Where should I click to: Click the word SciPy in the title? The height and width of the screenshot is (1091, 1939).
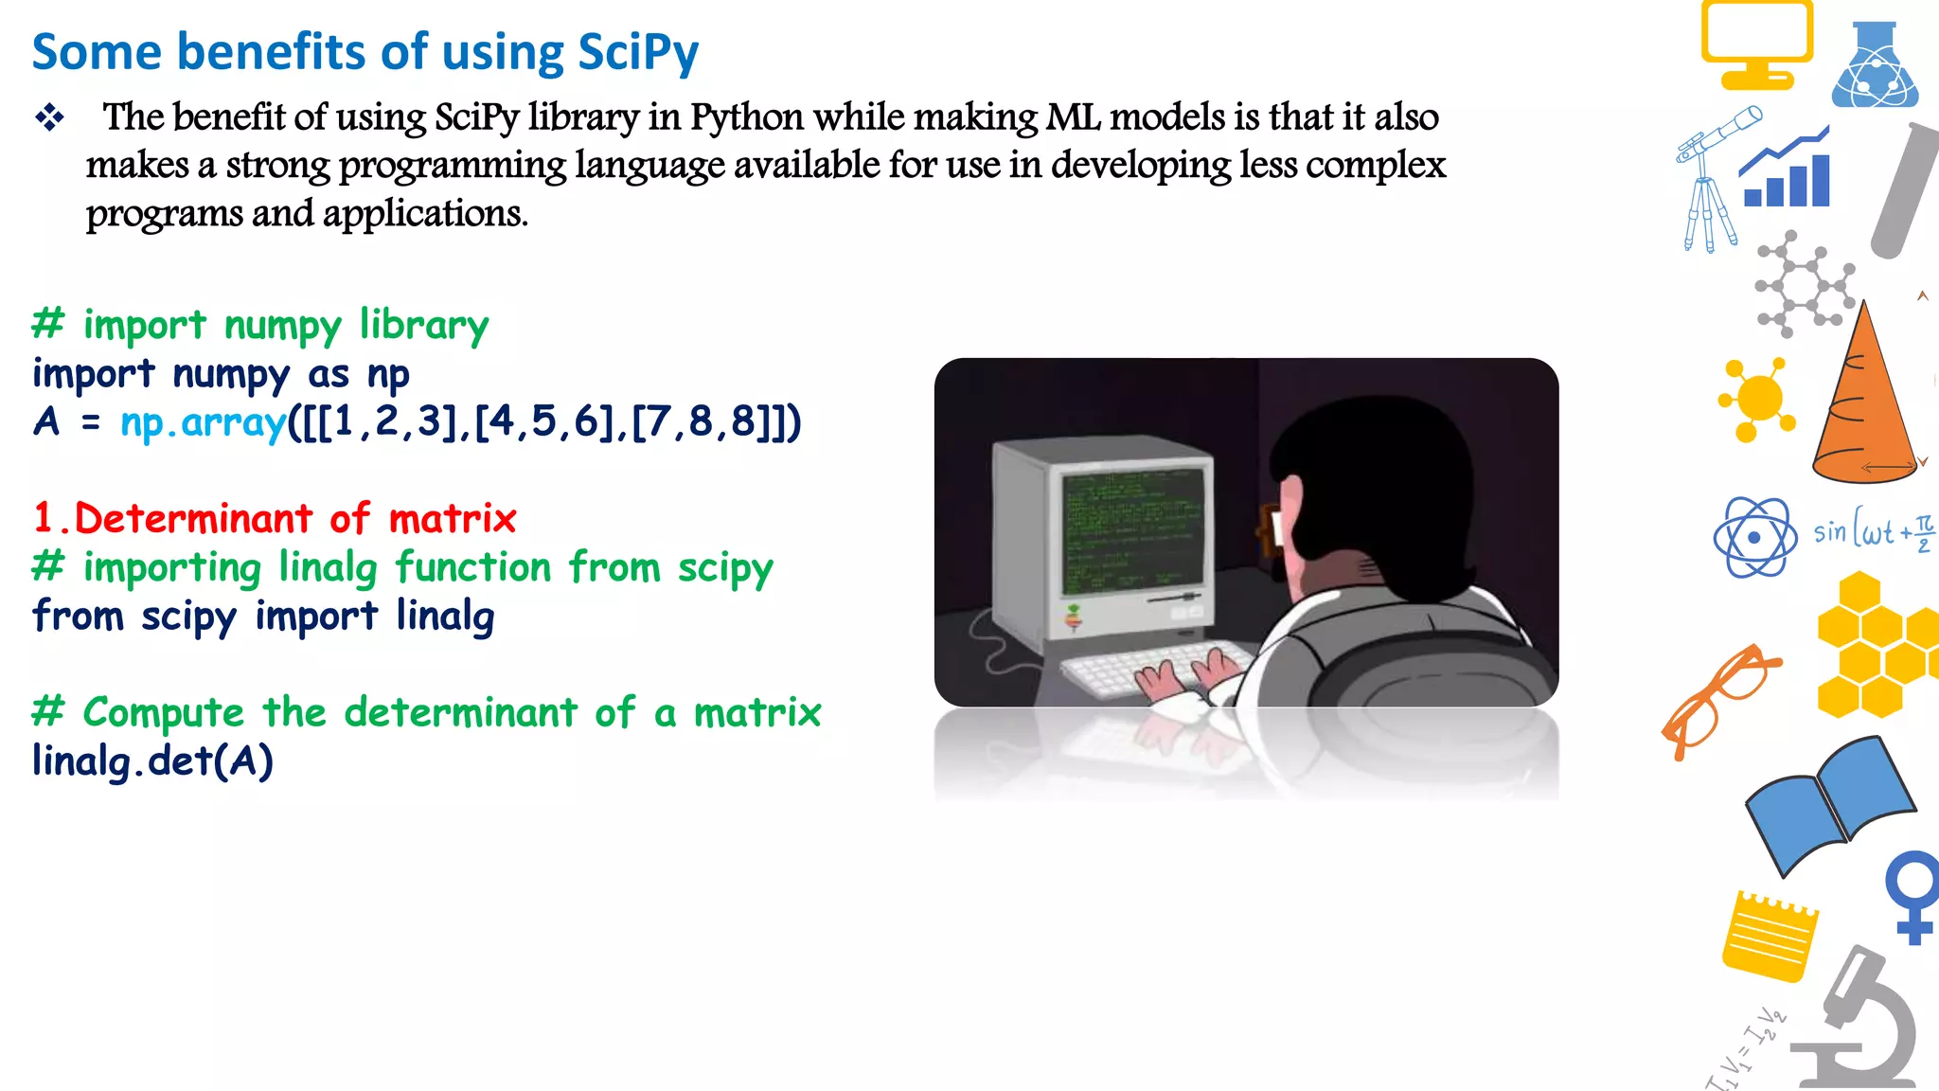pyautogui.click(x=637, y=52)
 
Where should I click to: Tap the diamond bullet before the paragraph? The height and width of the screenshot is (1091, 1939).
pyautogui.click(x=49, y=118)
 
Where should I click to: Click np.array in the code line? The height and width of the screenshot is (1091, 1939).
pyautogui.click(x=203, y=422)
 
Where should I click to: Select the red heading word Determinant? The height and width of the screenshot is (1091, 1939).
pyautogui.click(x=193, y=519)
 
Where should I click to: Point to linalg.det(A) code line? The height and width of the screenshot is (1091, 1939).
pyautogui.click(x=152, y=760)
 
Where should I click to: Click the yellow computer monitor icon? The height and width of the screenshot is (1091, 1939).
pyautogui.click(x=1756, y=43)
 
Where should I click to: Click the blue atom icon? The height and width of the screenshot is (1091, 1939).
pyautogui.click(x=1754, y=537)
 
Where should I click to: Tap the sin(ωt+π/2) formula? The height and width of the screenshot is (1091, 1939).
pyautogui.click(x=1873, y=532)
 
